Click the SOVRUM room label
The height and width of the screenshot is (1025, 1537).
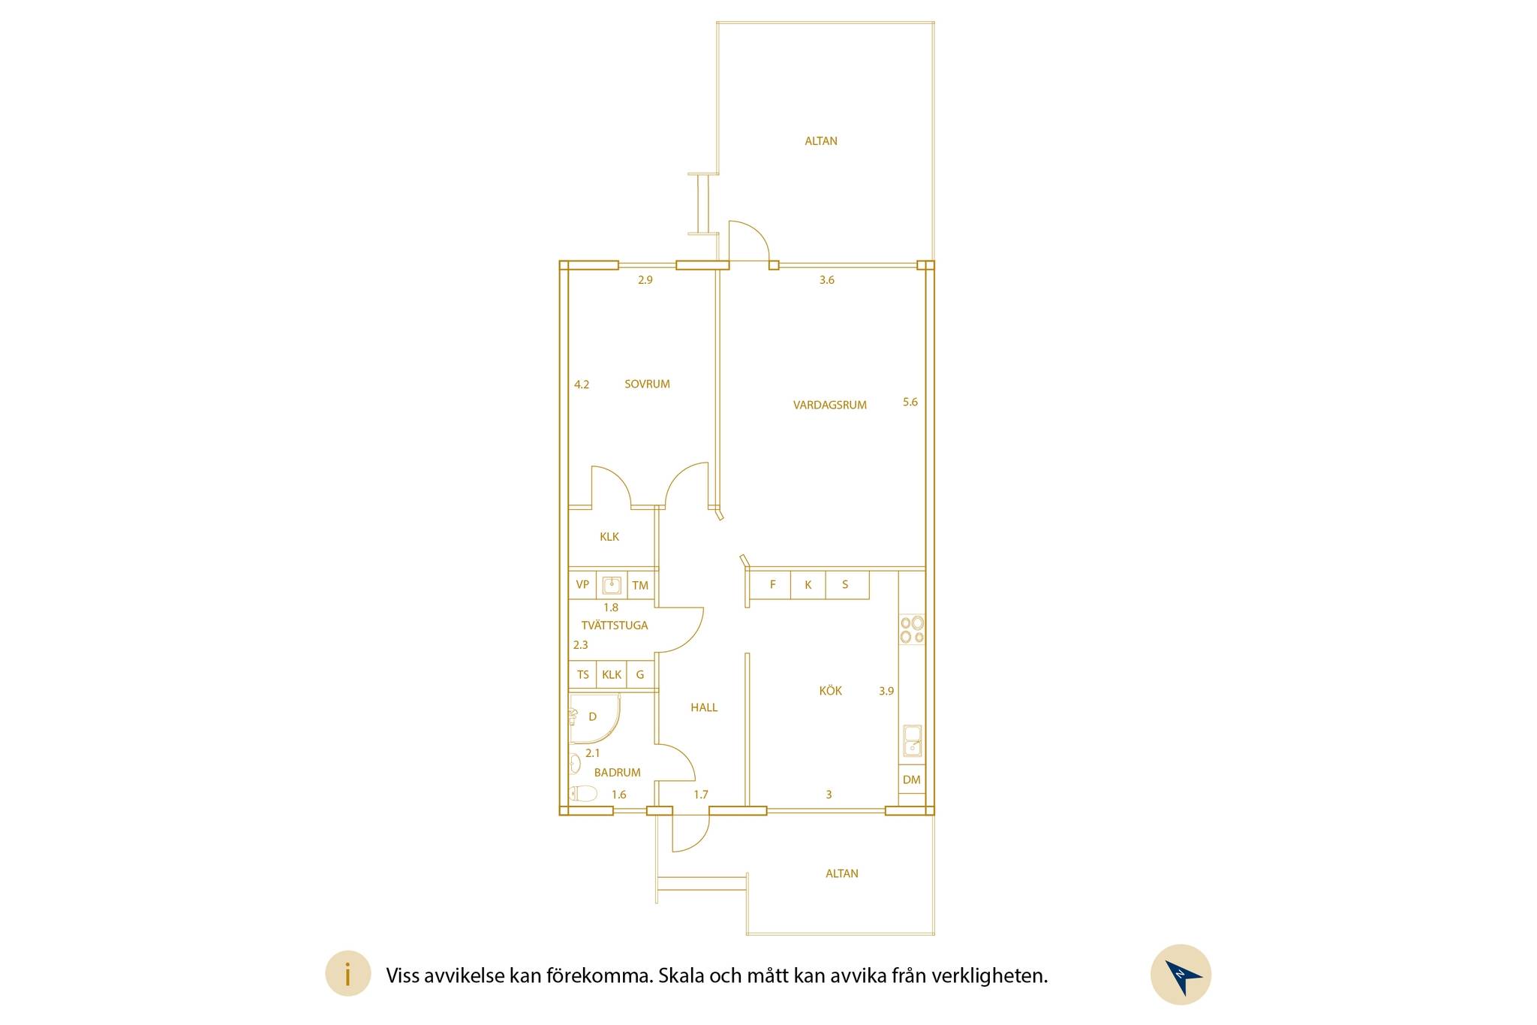[x=647, y=384]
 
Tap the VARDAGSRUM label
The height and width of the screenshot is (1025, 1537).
[x=829, y=405]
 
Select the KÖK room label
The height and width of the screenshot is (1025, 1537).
[x=830, y=690]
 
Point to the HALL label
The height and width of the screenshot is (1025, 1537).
[x=704, y=707]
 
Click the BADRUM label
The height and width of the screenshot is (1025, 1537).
[x=617, y=772]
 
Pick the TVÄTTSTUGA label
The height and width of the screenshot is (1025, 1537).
[x=614, y=625]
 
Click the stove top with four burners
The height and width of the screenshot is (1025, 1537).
[x=912, y=629]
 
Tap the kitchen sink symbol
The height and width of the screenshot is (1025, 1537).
[x=912, y=740]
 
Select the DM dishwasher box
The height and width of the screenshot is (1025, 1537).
[x=912, y=779]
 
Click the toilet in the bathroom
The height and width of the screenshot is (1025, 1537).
[x=583, y=793]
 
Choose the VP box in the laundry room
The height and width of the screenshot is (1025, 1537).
[x=582, y=585]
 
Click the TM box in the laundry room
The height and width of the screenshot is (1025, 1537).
[x=640, y=585]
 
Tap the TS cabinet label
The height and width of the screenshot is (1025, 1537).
[x=583, y=674]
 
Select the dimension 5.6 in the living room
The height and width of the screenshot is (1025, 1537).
[x=910, y=402]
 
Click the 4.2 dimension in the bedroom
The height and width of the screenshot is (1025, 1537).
[x=582, y=384]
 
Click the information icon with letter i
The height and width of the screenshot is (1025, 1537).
[x=347, y=974]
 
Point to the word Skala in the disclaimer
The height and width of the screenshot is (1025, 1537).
[x=680, y=975]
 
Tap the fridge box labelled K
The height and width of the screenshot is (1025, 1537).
[x=808, y=585]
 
